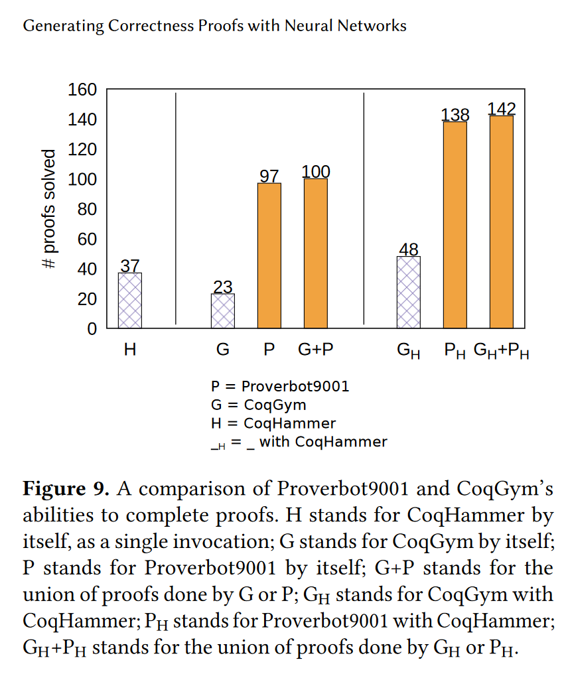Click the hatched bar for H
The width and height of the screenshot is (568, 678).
point(130,301)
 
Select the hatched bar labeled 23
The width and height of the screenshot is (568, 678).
point(223,311)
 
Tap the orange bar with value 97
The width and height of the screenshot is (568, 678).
point(269,255)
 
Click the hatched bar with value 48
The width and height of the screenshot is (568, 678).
point(409,292)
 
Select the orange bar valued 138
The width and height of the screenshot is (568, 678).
point(455,225)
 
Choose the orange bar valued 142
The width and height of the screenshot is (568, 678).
point(502,222)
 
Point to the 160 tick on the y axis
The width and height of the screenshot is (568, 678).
point(83,90)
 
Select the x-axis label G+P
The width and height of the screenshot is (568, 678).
point(315,350)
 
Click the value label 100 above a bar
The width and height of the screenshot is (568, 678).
point(316,172)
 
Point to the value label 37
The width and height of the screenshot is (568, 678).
point(130,265)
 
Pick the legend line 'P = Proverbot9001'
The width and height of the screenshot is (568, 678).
point(280,386)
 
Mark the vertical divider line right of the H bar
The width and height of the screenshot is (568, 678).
point(176,209)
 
